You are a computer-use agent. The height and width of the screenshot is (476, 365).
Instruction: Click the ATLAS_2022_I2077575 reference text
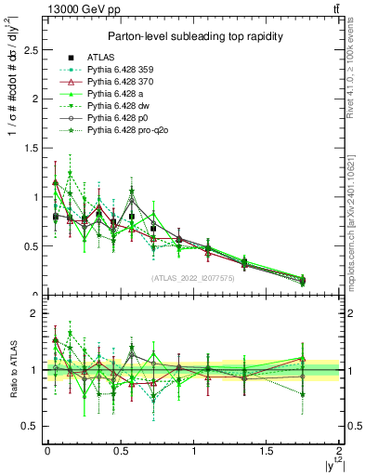(192, 278)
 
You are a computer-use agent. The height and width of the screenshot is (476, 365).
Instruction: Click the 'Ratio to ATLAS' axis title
(12, 373)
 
